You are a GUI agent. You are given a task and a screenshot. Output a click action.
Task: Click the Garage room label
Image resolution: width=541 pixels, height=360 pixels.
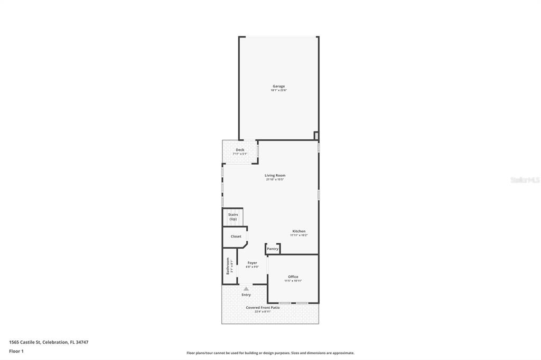[x=278, y=86]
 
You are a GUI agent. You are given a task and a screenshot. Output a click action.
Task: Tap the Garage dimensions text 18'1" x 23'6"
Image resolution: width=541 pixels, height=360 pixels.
[x=278, y=90]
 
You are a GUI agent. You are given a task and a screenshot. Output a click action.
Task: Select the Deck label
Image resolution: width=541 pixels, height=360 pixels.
[x=240, y=150]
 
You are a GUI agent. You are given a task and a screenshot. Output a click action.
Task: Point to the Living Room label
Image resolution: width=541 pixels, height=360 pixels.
[x=275, y=175]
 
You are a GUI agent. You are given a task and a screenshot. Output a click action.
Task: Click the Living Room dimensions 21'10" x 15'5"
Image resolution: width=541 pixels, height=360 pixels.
[x=275, y=179]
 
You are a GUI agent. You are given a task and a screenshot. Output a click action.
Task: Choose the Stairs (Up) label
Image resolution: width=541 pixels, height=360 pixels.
[x=233, y=216]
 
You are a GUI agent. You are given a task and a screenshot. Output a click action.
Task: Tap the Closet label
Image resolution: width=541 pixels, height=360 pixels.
[x=236, y=236]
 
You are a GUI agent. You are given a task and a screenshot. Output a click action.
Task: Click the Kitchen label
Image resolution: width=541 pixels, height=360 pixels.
[x=299, y=231]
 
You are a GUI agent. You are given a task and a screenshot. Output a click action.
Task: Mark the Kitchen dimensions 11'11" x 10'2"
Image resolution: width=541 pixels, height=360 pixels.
[x=299, y=235]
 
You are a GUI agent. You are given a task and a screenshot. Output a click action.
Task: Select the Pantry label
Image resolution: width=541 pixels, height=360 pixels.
[x=273, y=249]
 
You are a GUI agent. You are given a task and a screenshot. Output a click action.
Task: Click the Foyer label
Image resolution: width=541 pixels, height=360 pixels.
[x=253, y=262]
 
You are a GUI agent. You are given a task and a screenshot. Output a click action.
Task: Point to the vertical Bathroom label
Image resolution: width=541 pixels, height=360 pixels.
[x=228, y=265]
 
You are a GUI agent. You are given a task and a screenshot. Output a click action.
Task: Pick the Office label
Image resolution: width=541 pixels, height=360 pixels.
[x=293, y=277]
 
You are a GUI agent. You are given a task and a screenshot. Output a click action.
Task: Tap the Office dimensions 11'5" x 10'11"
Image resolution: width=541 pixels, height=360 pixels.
[x=293, y=281]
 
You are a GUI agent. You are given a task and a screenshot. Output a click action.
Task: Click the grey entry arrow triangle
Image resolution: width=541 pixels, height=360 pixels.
[x=246, y=289]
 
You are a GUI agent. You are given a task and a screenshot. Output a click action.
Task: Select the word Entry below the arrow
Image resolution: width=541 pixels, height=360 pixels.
[x=246, y=295]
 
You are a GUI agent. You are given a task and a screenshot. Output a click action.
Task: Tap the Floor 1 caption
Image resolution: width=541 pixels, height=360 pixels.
[x=16, y=351]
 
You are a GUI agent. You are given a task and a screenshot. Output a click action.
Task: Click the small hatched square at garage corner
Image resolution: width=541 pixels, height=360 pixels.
[x=316, y=136]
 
